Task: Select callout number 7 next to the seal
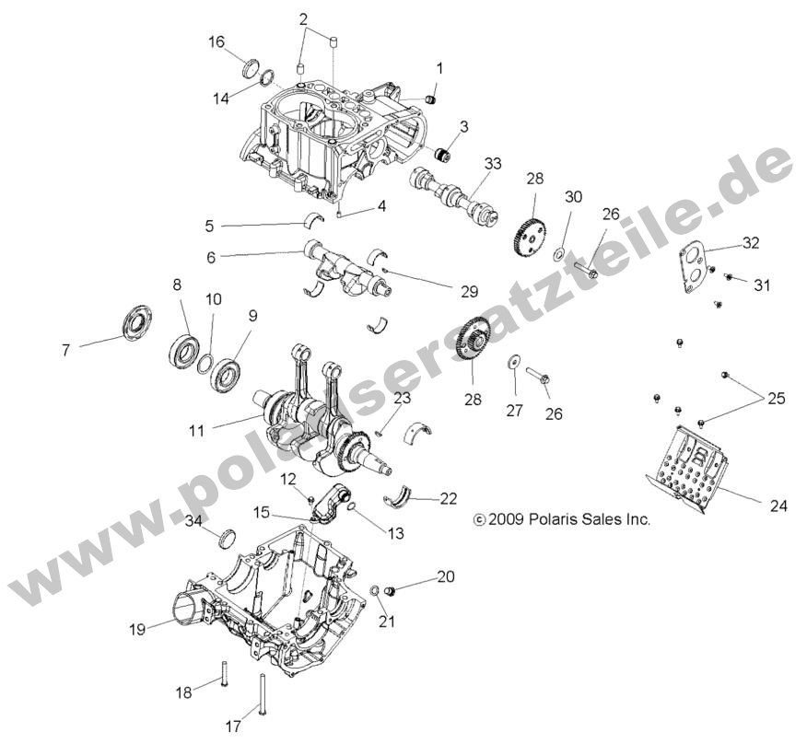66,350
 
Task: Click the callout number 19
137,630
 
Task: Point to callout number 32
750,244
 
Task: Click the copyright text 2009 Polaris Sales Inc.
562,519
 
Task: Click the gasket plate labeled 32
696,262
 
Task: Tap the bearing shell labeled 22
405,494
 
